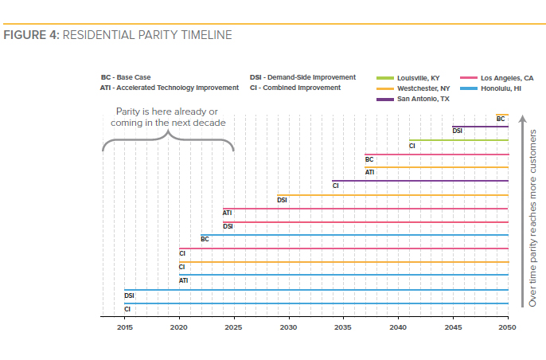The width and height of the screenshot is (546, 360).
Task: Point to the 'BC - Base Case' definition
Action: pyautogui.click(x=126, y=77)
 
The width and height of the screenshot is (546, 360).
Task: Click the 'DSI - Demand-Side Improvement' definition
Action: pyautogui.click(x=302, y=77)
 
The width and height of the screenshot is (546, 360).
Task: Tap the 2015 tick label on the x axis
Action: pyautogui.click(x=124, y=327)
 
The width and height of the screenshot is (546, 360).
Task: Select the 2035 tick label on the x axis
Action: pyautogui.click(x=344, y=327)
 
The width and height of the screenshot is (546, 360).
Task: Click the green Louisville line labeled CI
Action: pyautogui.click(x=458, y=140)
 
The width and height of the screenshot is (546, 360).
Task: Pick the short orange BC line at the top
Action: pyautogui.click(x=501, y=114)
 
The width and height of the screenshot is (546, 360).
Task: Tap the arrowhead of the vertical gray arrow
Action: pyautogui.click(x=522, y=119)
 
